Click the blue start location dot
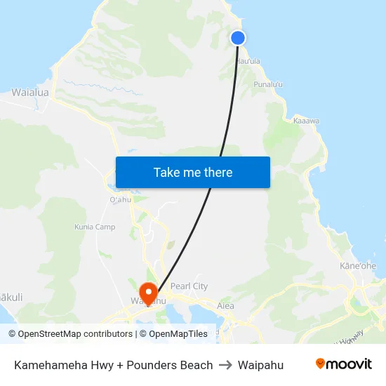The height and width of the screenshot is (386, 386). point(238,38)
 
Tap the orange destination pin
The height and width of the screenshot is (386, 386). point(148,291)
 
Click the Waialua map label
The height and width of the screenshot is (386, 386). point(30,92)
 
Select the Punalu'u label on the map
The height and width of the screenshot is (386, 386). point(268,84)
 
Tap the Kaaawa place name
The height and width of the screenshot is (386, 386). point(306,121)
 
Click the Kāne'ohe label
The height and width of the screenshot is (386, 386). point(358,266)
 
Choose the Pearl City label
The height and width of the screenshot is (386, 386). point(189,286)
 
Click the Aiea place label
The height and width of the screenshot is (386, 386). point(225,305)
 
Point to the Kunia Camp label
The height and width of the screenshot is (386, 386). point(95,227)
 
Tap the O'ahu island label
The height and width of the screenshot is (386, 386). point(121,199)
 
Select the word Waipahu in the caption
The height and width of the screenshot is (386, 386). point(261,365)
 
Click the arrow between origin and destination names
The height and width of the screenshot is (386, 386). point(225,365)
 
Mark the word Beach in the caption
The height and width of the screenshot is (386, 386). point(197,365)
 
